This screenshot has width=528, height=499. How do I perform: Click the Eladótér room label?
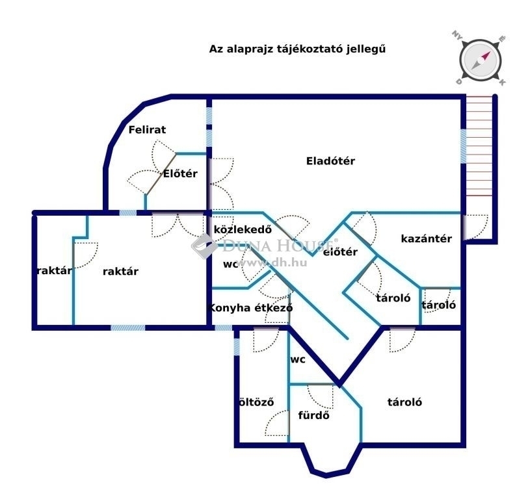pyautogui.click(x=330, y=161)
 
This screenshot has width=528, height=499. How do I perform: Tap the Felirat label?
pyautogui.click(x=147, y=129)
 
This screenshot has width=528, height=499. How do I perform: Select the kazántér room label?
pyautogui.click(x=427, y=238)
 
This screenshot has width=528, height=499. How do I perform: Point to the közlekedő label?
pyautogui.click(x=243, y=229)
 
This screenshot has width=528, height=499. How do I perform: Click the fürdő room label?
pyautogui.click(x=314, y=415)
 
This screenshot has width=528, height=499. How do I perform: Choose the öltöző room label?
pyautogui.click(x=256, y=402)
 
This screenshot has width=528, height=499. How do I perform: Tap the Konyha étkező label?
pyautogui.click(x=250, y=308)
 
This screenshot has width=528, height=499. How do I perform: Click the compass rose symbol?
pyautogui.click(x=480, y=60)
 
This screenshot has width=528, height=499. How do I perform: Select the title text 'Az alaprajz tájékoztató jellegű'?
pyautogui.click(x=297, y=49)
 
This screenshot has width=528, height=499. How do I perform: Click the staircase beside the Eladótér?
pyautogui.click(x=479, y=146)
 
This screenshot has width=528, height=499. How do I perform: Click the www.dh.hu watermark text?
pyautogui.click(x=272, y=262)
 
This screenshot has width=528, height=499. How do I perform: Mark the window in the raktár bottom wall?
pyautogui.click(x=128, y=327)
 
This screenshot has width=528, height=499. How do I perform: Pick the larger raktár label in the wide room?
pyautogui.click(x=120, y=272)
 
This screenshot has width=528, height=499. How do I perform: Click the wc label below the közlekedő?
pyautogui.click(x=230, y=264)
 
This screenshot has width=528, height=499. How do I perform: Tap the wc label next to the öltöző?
pyautogui.click(x=298, y=359)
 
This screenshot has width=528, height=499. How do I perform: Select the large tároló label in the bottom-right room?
pyautogui.click(x=404, y=402)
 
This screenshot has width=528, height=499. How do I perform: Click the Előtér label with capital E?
pyautogui.click(x=180, y=173)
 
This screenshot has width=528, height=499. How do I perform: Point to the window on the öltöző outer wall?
pyautogui.click(x=237, y=346)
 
